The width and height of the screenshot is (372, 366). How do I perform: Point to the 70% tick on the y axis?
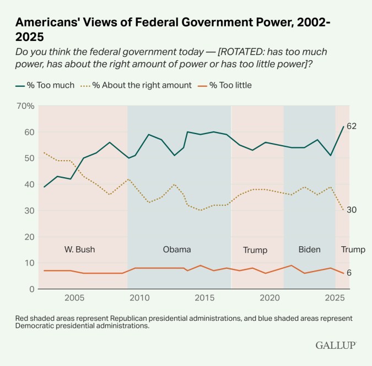point(26,105)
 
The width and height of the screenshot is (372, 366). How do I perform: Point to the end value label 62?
point(352,126)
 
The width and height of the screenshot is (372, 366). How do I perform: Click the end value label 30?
point(352,210)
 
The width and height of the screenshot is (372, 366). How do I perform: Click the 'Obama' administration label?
point(177,250)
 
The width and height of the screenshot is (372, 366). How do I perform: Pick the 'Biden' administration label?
point(309,250)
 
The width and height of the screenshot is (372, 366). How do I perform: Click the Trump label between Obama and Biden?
point(255,250)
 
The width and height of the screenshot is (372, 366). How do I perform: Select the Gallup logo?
point(336,345)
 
